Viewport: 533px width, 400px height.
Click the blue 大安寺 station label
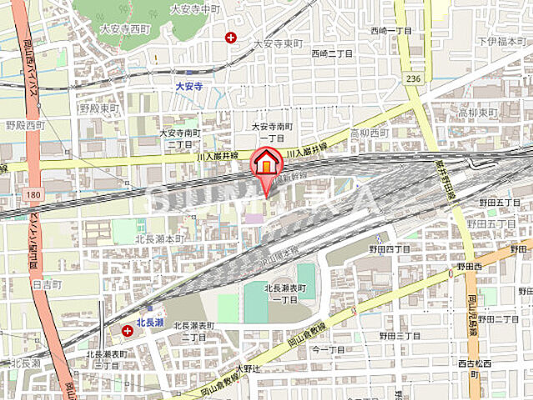point(190,85)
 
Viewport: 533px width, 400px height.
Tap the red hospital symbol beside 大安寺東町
point(230,37)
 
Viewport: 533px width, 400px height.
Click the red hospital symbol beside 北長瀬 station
point(128,331)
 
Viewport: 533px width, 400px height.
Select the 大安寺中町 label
point(194,8)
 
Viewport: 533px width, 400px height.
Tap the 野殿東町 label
point(96,108)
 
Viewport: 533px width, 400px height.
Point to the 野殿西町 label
point(25,125)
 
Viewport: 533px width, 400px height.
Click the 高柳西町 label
point(370,132)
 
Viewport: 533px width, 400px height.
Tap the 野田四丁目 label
point(390,248)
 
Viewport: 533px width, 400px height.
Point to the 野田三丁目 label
point(400,335)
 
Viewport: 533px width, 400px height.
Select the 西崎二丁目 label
point(332,52)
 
